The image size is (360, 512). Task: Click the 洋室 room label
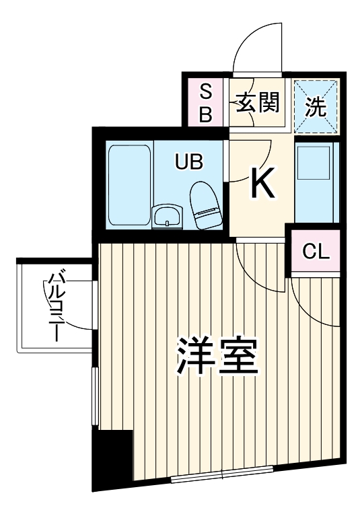[x=217, y=356]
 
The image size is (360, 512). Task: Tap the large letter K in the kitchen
[x=262, y=182]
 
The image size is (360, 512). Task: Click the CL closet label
[x=316, y=252]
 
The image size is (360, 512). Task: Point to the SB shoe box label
[x=206, y=103]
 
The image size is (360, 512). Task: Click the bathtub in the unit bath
[x=129, y=184]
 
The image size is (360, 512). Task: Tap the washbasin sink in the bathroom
[x=166, y=216]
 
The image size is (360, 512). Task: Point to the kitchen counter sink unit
[x=315, y=180]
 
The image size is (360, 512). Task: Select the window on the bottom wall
[x=222, y=478]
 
